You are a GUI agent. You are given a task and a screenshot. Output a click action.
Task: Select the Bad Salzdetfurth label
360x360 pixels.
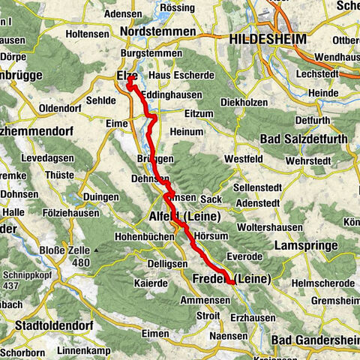point(303,139)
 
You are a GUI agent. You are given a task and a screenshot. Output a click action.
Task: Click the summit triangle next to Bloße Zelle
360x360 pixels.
point(97,249)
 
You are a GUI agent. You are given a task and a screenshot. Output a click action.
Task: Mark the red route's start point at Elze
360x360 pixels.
point(128,83)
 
